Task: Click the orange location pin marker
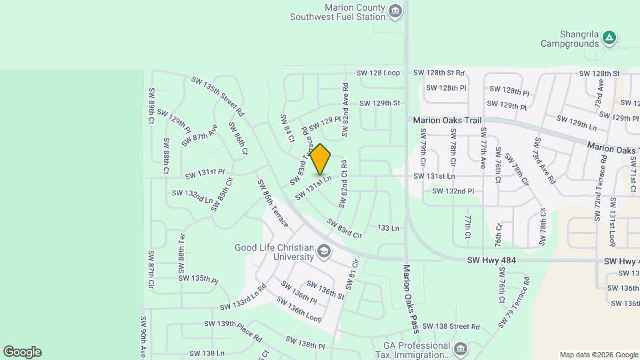[321, 159]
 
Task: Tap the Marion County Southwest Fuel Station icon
[395, 11]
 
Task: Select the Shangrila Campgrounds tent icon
[609, 38]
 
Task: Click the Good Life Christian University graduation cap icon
[324, 251]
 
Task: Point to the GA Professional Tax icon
[460, 349]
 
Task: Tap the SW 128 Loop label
[378, 73]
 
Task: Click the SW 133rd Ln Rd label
[243, 298]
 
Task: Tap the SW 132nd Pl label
[453, 191]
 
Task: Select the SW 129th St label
[379, 103]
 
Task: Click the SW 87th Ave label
[200, 133]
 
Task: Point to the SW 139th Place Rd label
[233, 329]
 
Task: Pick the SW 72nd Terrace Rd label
[602, 181]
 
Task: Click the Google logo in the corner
[22, 352]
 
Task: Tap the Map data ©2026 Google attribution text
[598, 355]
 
